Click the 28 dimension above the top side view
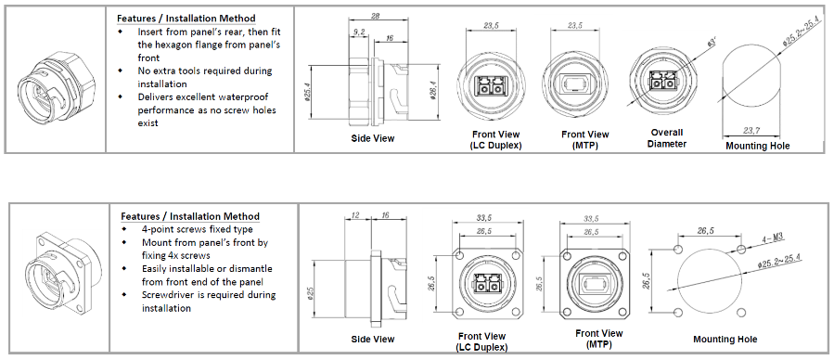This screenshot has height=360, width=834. coord(375,17)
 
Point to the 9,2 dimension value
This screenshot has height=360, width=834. coord(359,32)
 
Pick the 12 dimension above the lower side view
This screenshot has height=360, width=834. coord(356,215)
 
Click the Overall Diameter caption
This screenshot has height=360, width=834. coord(666,137)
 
